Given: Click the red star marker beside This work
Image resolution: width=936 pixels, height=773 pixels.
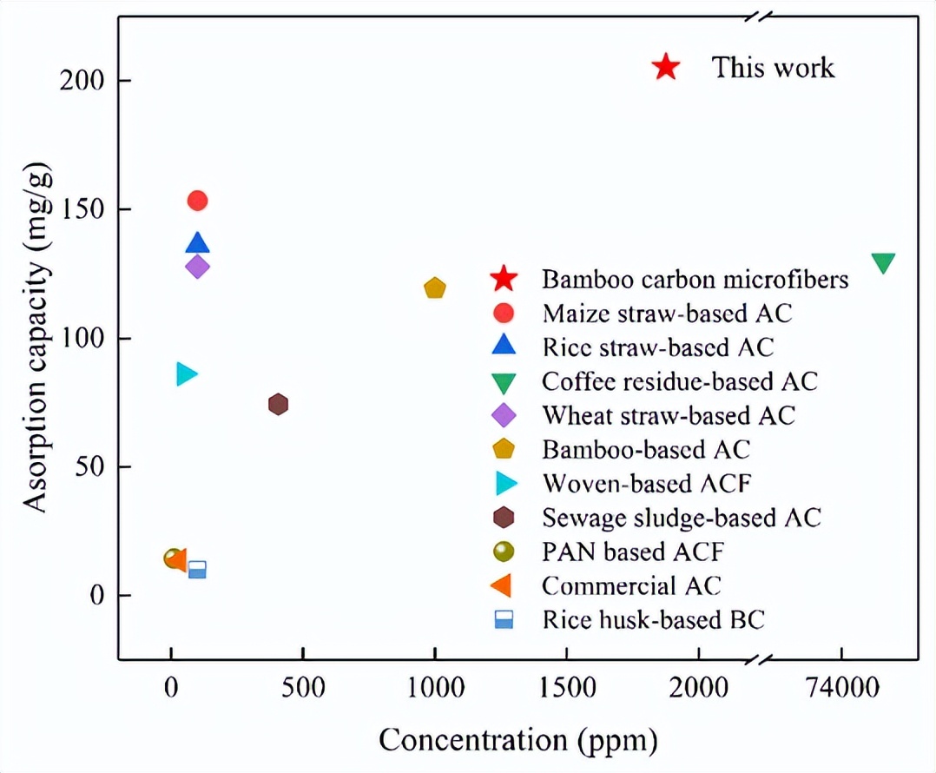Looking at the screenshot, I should point(665,67).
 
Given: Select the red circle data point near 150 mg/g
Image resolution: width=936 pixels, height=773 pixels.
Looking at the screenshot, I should point(197,201).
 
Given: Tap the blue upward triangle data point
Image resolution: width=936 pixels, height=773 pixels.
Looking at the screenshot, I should point(197,243).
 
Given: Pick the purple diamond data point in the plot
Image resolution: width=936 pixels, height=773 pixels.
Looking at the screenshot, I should point(197,267).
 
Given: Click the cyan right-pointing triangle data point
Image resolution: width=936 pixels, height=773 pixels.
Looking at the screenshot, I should point(186,373).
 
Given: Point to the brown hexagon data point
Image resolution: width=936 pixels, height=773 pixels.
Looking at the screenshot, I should point(278,404).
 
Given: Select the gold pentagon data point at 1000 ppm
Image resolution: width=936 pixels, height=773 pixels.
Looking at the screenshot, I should point(435,288).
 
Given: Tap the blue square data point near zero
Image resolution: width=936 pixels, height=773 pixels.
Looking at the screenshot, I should point(197,570).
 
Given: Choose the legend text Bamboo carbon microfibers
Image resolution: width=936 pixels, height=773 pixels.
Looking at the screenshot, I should point(695,280).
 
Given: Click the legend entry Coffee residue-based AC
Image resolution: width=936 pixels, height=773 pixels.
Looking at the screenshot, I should point(680,380).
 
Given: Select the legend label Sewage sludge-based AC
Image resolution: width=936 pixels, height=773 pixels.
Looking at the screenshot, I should point(682,518).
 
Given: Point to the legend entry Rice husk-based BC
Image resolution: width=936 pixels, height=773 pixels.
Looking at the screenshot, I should point(653,619).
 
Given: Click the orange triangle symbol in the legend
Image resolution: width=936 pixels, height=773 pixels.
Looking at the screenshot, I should point(502,586).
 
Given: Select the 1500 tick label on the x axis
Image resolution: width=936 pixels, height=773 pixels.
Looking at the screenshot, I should point(567,688).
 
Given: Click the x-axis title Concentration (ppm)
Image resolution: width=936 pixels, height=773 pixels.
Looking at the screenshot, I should point(517,740).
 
